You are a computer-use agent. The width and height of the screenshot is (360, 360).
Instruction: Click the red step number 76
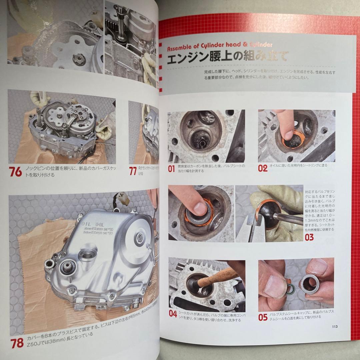pyautogui.click(x=16, y=172)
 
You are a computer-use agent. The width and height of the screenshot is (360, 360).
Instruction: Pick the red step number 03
pyautogui.click(x=309, y=237)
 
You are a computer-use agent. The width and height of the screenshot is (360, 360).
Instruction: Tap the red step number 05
pyautogui.click(x=263, y=317)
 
